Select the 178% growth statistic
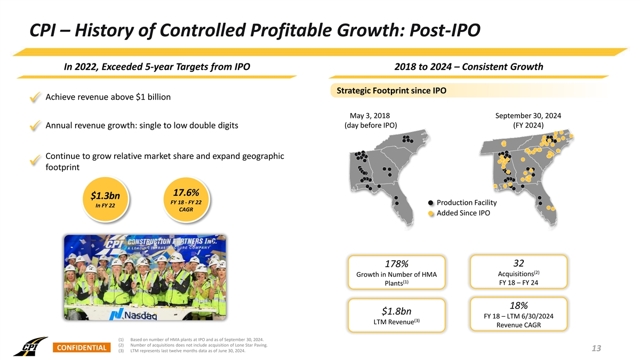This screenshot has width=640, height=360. point(396,265)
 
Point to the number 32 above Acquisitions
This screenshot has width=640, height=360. point(518,263)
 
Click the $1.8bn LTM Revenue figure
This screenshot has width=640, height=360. point(396,311)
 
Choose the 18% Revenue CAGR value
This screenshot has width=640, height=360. point(518,306)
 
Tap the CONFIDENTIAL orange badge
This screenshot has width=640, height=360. point(81,348)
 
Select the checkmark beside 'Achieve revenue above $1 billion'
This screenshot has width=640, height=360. point(35,98)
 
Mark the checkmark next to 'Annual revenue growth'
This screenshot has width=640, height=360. point(35,126)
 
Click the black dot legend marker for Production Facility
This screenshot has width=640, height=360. point(430,203)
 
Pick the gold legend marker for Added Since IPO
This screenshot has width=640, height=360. point(430,213)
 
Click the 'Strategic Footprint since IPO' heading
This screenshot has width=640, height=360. point(391,91)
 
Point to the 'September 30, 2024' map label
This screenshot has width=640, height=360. point(528,116)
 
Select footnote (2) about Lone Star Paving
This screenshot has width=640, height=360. point(195,346)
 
